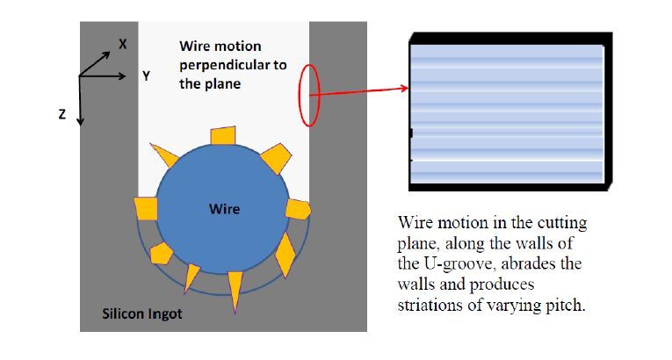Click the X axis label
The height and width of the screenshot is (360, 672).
[x=123, y=43]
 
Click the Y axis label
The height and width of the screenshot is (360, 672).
[x=146, y=76]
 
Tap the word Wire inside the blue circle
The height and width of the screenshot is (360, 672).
[x=224, y=209]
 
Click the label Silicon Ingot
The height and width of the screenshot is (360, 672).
[x=142, y=313]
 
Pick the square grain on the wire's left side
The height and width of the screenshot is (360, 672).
[x=145, y=209]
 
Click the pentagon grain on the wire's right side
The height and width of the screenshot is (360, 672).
[x=300, y=209]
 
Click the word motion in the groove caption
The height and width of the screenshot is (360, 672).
[x=237, y=46]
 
